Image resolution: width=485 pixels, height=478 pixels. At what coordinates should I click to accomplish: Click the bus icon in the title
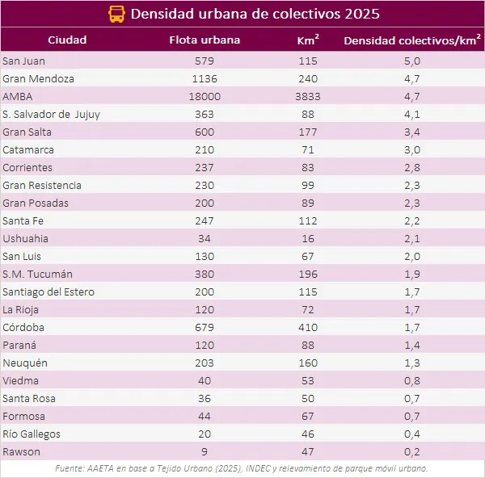pyautogui.click(x=116, y=15)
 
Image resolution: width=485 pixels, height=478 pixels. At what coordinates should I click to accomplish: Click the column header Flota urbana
pyautogui.click(x=205, y=40)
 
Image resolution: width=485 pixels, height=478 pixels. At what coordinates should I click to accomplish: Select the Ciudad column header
pyautogui.click(x=67, y=40)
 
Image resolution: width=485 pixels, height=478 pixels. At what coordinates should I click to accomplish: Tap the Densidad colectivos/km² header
pyautogui.click(x=407, y=40)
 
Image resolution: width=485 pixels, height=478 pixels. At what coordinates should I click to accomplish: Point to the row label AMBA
pyautogui.click(x=17, y=97)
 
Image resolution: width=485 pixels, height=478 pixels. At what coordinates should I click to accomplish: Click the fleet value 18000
pyautogui.click(x=205, y=97)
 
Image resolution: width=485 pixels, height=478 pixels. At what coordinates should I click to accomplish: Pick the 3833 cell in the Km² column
pyautogui.click(x=306, y=97)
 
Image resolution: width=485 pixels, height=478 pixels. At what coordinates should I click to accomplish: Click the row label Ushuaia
pyautogui.click(x=25, y=239)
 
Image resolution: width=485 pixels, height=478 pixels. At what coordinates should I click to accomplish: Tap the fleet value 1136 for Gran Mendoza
pyautogui.click(x=205, y=79)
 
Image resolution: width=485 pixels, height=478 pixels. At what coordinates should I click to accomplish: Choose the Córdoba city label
pyautogui.click(x=23, y=328)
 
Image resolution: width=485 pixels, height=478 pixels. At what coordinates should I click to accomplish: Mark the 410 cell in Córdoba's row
pyautogui.click(x=306, y=328)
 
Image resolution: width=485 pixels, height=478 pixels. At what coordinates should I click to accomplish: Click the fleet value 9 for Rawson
pyautogui.click(x=205, y=452)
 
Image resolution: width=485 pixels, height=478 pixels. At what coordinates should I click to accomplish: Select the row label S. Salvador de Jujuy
pyautogui.click(x=52, y=115)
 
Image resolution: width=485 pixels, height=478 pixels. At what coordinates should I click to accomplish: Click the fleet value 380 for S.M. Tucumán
pyautogui.click(x=205, y=275)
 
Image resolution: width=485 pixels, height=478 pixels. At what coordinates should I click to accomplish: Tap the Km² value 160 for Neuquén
pyautogui.click(x=306, y=363)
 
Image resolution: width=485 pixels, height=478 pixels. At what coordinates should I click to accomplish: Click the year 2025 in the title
pyautogui.click(x=361, y=15)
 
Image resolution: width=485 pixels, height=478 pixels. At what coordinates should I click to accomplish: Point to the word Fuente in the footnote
pyautogui.click(x=70, y=468)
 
